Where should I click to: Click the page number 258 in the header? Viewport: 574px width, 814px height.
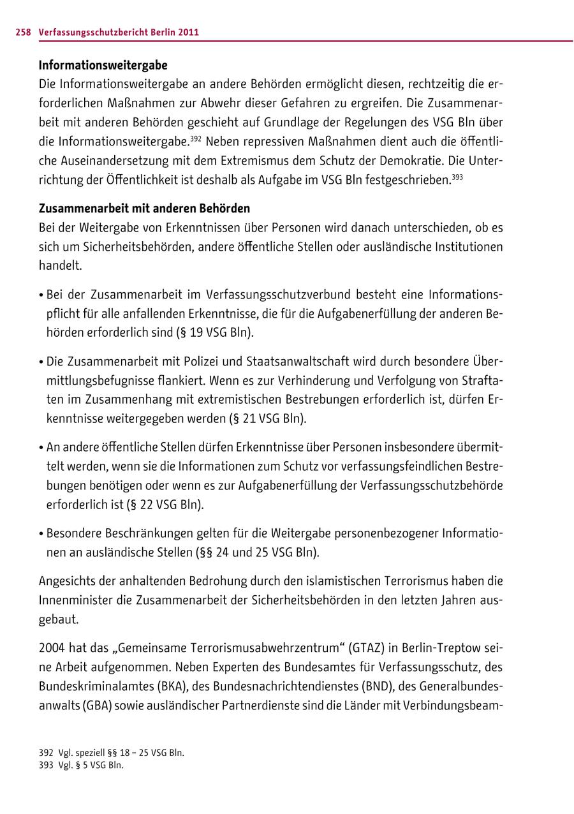point(23,33)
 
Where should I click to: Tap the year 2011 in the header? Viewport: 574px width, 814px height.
point(188,33)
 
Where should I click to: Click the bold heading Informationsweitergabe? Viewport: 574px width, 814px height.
point(103,65)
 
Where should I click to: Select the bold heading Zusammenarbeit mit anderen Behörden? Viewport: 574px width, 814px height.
point(145,209)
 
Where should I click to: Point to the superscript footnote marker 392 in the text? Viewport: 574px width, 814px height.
point(196,137)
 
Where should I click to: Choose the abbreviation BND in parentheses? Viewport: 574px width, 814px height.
point(378,686)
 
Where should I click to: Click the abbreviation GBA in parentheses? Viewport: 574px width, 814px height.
point(98,706)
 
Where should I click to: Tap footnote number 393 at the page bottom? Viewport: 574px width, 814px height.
point(46,766)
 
